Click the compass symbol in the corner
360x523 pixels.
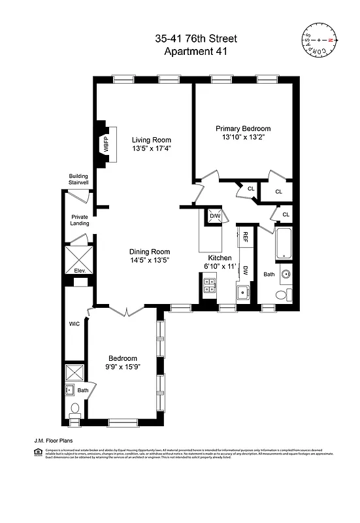pyautogui.click(x=321, y=41)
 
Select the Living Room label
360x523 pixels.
pyautogui.click(x=151, y=140)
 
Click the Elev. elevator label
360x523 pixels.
pyautogui.click(x=80, y=271)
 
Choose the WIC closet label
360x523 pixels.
pyautogui.click(x=74, y=324)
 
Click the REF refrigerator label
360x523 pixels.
pyautogui.click(x=246, y=236)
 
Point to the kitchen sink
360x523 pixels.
pyautogui.click(x=242, y=292)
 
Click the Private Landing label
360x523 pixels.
pyautogui.click(x=80, y=220)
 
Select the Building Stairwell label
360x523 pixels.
pyautogui.click(x=80, y=180)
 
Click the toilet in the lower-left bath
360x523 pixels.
pyautogui.click(x=74, y=411)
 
